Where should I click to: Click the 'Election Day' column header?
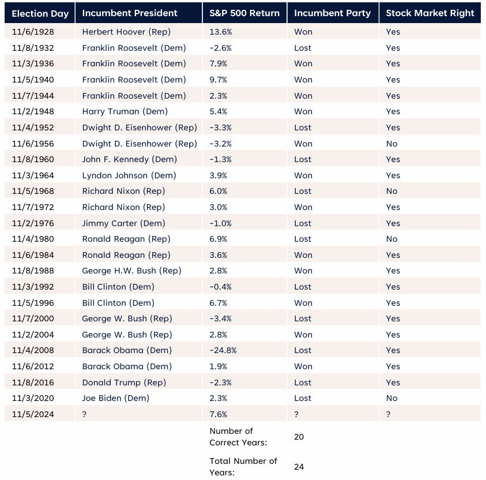click(40, 13)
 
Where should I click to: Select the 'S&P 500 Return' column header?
click(244, 13)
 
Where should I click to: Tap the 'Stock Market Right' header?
click(430, 13)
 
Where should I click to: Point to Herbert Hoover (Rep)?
click(126, 32)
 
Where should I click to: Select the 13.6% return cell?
click(218, 32)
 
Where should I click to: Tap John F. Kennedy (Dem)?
click(130, 159)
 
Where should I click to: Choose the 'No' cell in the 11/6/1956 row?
click(392, 144)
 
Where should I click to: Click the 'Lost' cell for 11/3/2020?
click(303, 398)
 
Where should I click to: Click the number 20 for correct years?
click(299, 437)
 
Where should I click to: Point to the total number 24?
click(299, 467)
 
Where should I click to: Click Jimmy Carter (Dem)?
click(123, 223)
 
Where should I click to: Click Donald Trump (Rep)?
click(124, 382)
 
